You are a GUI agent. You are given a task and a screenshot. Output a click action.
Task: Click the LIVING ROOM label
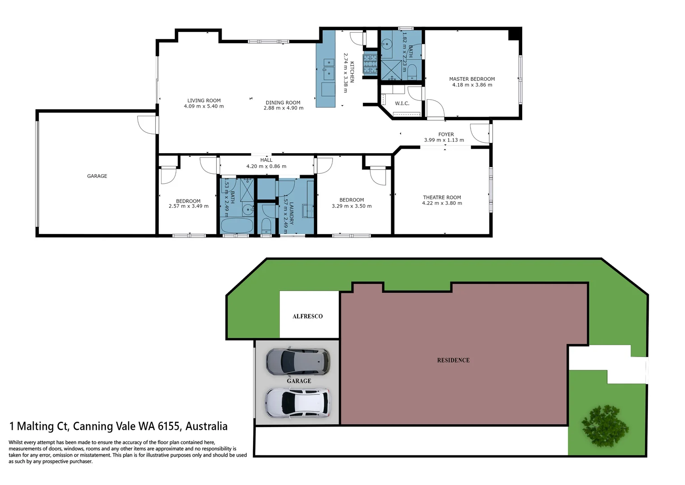coord(204,101)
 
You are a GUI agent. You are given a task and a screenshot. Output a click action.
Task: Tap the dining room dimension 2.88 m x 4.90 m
coord(284,108)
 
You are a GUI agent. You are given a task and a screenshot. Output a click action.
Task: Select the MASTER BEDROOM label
coord(472,79)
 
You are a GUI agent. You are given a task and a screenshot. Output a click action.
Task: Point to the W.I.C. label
coord(402,103)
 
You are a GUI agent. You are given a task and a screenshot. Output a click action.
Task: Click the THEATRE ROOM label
coord(442,198)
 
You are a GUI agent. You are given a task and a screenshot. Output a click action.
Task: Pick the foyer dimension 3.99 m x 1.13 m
coord(444,140)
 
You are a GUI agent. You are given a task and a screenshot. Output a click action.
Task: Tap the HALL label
coord(266,160)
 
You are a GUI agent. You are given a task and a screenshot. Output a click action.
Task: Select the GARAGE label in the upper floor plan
coord(97,176)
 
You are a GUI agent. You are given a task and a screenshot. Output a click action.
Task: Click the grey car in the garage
coord(297,362)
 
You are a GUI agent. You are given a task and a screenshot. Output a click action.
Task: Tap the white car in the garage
coord(297,403)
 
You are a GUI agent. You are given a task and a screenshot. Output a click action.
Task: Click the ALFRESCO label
coord(308,316)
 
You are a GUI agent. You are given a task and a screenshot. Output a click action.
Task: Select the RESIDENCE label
coord(454,360)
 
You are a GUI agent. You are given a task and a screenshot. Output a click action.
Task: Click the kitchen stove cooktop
coord(370,63)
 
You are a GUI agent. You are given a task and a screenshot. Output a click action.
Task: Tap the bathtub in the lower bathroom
coord(237,225)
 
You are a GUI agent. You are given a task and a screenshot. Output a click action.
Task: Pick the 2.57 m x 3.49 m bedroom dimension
coord(188,206)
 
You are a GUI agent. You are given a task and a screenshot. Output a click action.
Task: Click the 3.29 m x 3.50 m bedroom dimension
coord(352,206)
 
